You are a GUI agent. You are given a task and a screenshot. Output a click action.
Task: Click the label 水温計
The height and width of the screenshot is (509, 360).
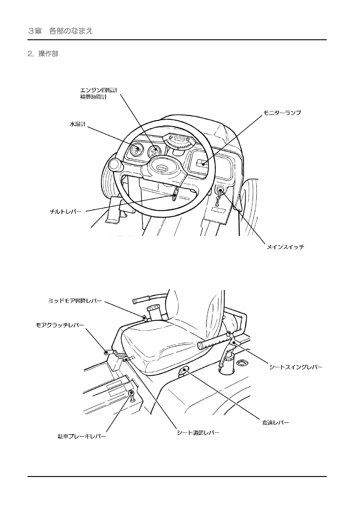coord(78,124)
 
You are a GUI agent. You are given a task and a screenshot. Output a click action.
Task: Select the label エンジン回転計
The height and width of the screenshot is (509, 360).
coord(99,90)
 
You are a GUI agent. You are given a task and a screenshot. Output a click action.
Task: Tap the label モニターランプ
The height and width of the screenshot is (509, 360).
coord(282,113)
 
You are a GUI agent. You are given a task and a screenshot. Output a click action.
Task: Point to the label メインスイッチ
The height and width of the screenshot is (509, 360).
coord(285,247)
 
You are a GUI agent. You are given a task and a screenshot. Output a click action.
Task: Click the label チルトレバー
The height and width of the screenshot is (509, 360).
coord(66,212)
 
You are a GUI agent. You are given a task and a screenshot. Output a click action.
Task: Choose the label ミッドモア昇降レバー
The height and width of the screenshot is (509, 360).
coord(75,301)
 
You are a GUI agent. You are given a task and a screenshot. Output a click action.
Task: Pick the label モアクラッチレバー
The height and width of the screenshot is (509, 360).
coord(60,325)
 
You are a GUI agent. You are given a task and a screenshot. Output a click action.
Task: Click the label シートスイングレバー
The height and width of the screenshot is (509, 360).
coord(296,367)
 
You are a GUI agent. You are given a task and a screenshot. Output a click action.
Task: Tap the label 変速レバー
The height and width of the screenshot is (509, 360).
coord(275,423)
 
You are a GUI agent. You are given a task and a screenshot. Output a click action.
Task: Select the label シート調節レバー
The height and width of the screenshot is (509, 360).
coord(198,433)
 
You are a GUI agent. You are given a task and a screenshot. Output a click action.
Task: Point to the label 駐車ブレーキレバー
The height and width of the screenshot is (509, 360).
coord(82,436)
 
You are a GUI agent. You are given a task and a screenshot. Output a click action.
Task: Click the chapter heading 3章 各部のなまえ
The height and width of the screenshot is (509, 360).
coord(60,31)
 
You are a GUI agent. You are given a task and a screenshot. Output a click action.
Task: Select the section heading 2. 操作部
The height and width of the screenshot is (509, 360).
coord(43,54)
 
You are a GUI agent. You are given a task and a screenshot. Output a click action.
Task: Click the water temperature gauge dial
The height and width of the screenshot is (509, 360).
coord(136,149)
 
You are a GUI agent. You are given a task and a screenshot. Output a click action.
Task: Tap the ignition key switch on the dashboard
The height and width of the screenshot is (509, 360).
coord(220,190)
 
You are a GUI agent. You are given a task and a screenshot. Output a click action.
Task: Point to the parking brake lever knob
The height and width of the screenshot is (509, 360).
coord(132,393)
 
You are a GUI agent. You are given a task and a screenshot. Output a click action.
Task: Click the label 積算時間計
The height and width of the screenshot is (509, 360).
coord(93,97)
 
